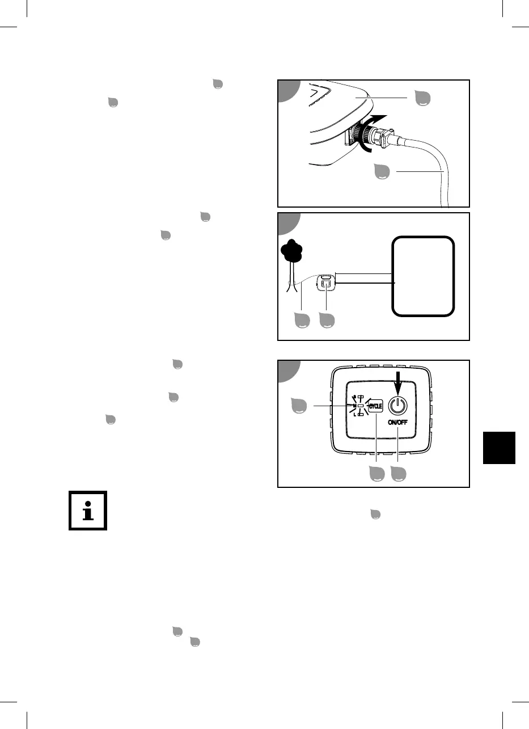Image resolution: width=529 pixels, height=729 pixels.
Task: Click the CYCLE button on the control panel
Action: [376, 406]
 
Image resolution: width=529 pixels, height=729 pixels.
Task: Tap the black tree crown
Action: [292, 251]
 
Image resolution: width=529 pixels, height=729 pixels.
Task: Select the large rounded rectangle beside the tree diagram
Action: [423, 276]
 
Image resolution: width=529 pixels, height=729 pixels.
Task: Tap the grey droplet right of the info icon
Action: [375, 514]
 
